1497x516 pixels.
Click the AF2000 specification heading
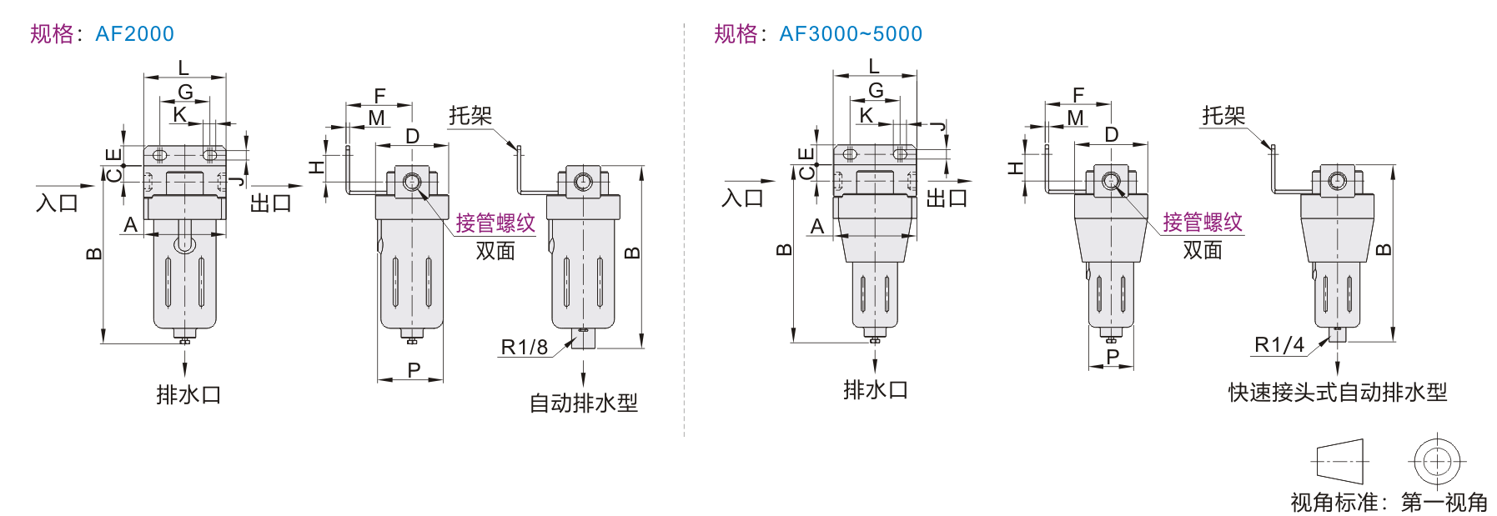(102, 33)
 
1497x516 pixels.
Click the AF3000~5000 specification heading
(817, 33)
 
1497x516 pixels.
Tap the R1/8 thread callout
(524, 347)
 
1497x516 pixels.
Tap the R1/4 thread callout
(1278, 344)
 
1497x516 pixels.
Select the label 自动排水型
(583, 403)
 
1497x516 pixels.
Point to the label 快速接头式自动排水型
(1337, 392)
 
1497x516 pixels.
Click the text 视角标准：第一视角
(1389, 502)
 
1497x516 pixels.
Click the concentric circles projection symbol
(1437, 461)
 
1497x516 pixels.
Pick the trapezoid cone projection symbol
(1340, 461)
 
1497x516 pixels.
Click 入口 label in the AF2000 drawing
(57, 203)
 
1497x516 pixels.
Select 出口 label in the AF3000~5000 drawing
(947, 198)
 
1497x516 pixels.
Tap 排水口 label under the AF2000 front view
(188, 394)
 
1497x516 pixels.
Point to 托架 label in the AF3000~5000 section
(1223, 115)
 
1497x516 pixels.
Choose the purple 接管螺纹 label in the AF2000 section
(495, 223)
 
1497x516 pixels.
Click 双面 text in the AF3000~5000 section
(1202, 249)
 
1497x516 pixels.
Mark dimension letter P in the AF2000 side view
(414, 370)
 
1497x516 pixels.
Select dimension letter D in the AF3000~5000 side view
(1111, 135)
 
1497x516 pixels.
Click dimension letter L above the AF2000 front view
(183, 68)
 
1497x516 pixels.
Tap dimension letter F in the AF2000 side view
(379, 96)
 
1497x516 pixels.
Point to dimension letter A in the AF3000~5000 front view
(817, 226)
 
